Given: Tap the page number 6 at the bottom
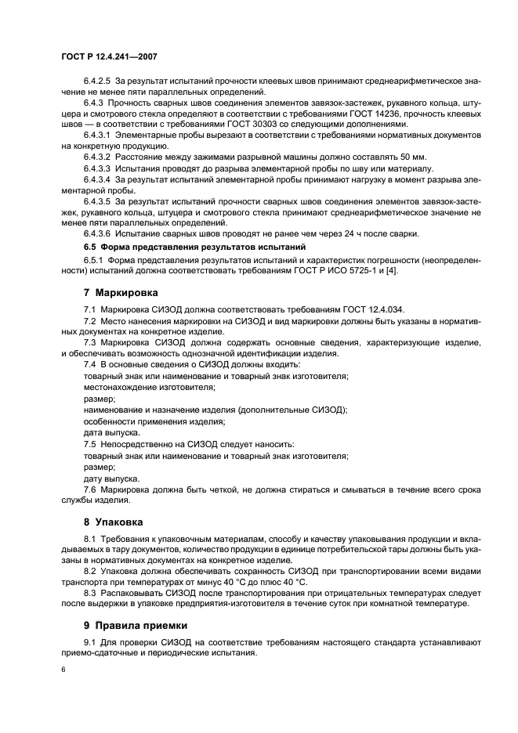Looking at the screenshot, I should pos(63,671).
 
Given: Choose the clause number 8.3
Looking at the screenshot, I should pos(89,594).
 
